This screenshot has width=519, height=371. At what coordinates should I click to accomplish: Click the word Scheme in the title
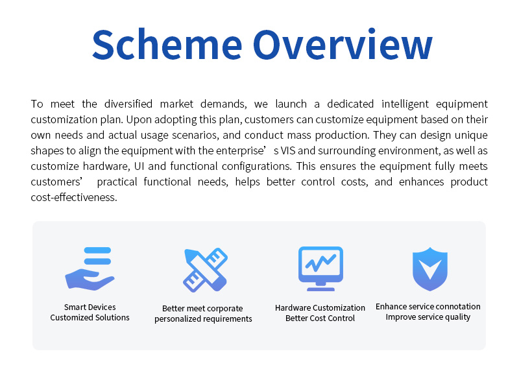(x=167, y=44)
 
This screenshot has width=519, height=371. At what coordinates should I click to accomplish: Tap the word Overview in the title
(x=343, y=44)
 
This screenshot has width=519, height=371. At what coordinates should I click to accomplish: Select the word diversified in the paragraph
(x=128, y=104)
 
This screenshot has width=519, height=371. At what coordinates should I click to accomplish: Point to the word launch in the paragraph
(x=291, y=104)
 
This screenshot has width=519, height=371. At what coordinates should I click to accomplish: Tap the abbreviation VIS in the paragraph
(x=288, y=150)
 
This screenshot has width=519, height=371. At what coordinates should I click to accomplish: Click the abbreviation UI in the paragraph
(x=139, y=166)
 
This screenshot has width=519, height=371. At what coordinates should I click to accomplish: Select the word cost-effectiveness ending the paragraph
(x=74, y=197)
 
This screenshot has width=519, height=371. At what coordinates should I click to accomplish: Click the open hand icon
(x=90, y=280)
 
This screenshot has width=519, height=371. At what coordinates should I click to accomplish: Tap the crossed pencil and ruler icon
(x=205, y=270)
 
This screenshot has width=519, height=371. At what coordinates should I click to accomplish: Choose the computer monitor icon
(x=320, y=269)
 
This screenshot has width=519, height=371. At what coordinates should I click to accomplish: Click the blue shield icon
(x=430, y=269)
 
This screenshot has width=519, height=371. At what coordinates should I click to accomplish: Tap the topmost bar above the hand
(x=98, y=250)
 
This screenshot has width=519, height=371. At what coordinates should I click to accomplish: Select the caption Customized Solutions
(x=90, y=317)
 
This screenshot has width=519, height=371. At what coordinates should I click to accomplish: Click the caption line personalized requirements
(x=203, y=318)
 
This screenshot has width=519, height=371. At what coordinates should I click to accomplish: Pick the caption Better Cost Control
(x=320, y=318)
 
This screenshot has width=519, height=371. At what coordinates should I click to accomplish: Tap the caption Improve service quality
(x=428, y=317)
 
